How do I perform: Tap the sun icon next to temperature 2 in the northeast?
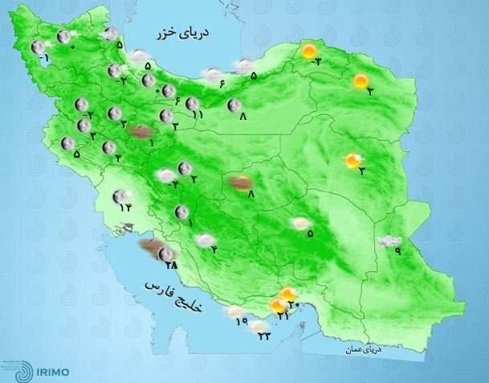tap(360, 80)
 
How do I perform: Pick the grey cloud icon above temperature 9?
tap(390, 241)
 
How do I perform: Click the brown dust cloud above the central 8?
tap(238, 183)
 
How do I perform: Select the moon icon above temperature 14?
tap(120, 196)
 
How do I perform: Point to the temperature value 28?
tap(169, 265)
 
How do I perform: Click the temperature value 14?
tap(124, 209)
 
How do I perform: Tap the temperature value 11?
tap(198, 116)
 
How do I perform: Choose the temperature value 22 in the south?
tap(264, 336)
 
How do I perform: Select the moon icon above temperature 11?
tap(193, 103)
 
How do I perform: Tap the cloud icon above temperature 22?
tap(259, 326)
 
